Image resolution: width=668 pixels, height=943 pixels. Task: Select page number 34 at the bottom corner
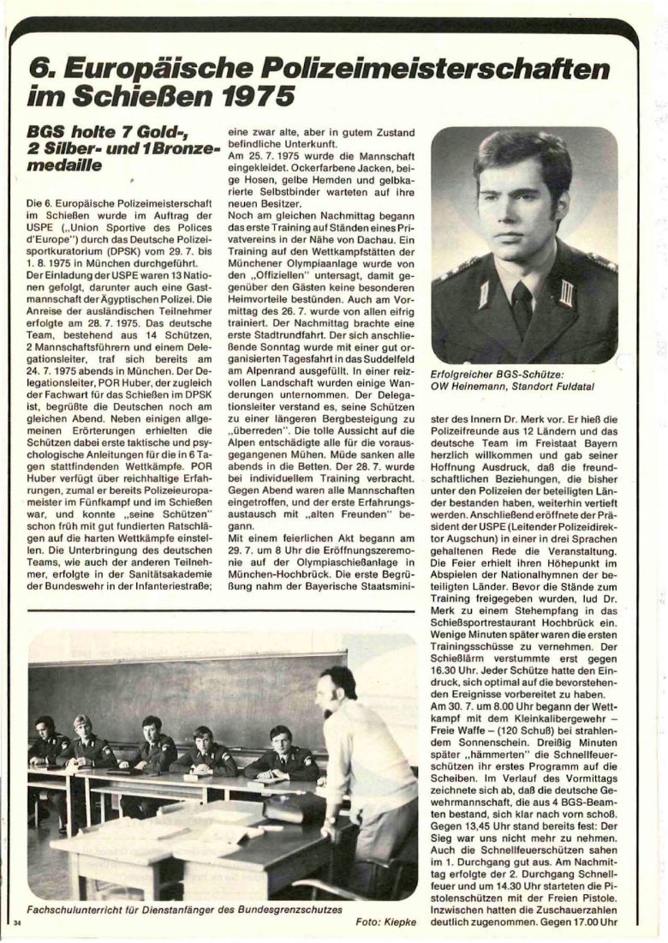(16, 922)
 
